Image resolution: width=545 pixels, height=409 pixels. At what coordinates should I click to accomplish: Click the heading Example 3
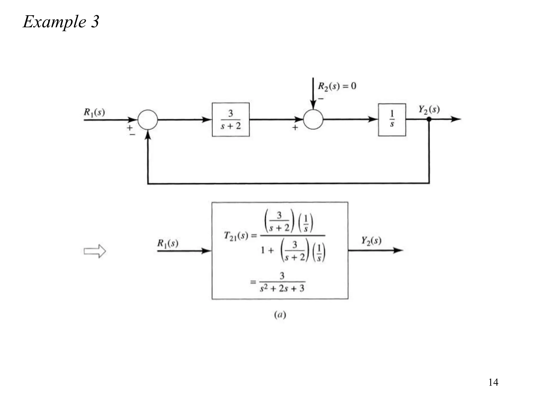61,22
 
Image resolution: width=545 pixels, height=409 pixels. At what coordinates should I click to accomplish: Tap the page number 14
493,382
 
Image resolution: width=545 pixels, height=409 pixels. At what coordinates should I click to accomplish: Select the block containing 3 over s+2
230,120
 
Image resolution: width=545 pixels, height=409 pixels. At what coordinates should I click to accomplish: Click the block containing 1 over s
392,120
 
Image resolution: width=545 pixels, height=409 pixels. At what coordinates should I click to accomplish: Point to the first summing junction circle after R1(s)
148,120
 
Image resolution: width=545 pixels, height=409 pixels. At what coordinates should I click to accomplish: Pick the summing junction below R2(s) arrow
313,120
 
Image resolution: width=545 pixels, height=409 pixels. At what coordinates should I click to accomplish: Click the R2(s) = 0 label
337,86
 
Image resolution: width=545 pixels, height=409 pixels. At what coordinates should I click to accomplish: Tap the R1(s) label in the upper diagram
94,112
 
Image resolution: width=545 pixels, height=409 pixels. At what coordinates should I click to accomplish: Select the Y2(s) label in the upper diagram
429,109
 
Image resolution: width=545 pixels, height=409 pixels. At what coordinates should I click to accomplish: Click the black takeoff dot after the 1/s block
429,119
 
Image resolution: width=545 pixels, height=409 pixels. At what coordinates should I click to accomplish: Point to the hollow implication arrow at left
95,251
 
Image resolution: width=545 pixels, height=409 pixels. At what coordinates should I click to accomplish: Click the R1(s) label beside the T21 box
168,243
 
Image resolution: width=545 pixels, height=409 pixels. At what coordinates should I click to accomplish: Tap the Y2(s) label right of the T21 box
371,241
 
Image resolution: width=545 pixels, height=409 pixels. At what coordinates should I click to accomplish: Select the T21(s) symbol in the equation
236,236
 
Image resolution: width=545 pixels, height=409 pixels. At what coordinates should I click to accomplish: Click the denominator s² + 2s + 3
282,288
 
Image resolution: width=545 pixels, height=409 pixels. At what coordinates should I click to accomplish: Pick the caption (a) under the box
280,315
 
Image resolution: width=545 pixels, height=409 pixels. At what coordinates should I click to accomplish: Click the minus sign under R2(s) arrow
321,99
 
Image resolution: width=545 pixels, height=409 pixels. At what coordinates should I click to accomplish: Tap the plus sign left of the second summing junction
295,128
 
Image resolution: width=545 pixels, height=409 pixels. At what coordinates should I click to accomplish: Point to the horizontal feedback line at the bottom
287,183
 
